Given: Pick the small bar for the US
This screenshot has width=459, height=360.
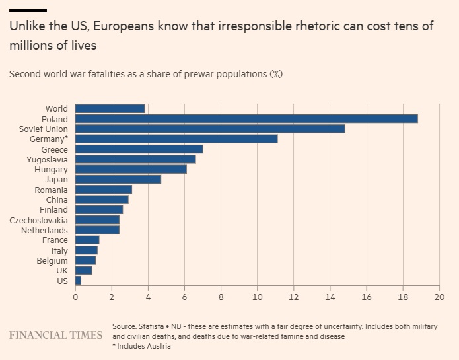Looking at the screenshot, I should (78, 281).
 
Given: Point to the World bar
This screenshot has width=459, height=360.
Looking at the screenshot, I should (110, 108).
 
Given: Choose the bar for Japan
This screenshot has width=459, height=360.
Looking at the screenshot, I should (118, 179).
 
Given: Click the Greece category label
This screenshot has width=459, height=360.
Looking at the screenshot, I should (54, 149).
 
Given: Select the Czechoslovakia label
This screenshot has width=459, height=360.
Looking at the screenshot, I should (38, 220).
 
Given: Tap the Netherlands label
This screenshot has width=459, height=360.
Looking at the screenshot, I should (44, 230).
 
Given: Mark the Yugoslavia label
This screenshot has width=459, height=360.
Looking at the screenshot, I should (46, 159).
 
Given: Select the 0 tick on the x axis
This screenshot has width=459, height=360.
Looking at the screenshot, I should (75, 297).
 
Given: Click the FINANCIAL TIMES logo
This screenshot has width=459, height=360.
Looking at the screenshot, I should (55, 335).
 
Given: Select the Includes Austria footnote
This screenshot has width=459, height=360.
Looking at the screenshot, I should (144, 346).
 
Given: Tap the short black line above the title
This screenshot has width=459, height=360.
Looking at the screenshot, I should (28, 11).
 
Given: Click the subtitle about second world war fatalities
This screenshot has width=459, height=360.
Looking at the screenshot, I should (145, 73).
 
